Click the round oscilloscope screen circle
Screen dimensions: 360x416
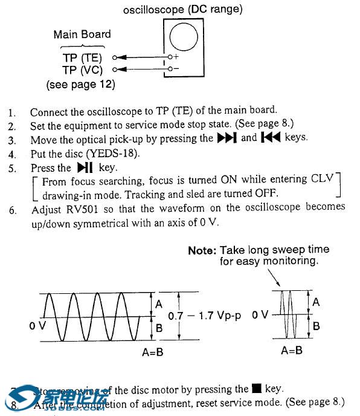tap(184, 38)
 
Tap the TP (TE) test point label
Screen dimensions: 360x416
tap(83, 59)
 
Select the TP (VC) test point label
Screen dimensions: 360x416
tap(83, 70)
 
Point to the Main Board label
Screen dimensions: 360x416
tap(82, 34)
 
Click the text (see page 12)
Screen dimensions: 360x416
tap(80, 85)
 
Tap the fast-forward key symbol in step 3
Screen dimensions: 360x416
tap(227, 138)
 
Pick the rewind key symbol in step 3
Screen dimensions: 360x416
tap(270, 138)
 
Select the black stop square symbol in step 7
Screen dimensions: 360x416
tap(256, 389)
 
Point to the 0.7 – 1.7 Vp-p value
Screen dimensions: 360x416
tap(205, 316)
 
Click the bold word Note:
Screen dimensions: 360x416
tap(203, 250)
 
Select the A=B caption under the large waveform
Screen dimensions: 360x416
tap(151, 353)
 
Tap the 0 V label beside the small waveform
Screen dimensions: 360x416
tap(260, 315)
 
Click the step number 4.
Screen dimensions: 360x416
tap(12, 153)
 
